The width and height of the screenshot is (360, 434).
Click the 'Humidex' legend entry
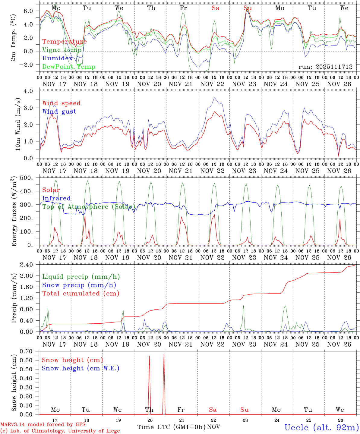[57, 58]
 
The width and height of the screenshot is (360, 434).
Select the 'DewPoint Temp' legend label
[69, 67]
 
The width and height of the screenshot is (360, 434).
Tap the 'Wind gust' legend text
[59, 112]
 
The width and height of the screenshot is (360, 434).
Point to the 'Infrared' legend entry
[56, 198]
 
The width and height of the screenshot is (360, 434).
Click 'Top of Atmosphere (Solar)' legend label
[89, 207]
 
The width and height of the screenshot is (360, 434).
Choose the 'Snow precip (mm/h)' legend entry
[79, 285]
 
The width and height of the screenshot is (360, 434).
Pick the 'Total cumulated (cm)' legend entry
[81, 293]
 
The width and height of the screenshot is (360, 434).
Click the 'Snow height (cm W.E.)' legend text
[80, 368]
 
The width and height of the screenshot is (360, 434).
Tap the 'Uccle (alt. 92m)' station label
[322, 427]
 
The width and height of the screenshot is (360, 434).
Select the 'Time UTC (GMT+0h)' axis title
[171, 427]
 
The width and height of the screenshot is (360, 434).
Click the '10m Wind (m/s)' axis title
[18, 124]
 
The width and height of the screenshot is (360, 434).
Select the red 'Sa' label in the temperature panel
[215, 8]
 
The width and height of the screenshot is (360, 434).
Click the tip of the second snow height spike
[164, 354]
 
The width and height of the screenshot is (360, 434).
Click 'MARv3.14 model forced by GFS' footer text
[43, 425]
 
